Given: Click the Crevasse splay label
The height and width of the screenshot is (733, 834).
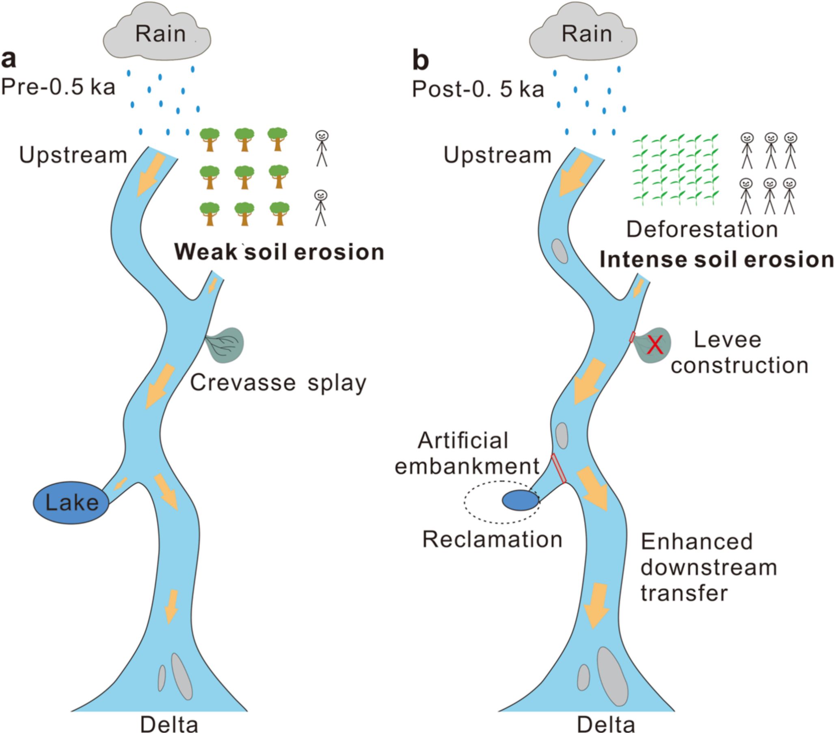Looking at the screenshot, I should (x=278, y=383).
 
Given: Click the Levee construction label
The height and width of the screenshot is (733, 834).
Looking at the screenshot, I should (x=739, y=352).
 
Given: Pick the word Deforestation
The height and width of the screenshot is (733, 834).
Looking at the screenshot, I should (x=702, y=230).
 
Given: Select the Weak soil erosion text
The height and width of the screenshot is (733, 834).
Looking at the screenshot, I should (x=279, y=252).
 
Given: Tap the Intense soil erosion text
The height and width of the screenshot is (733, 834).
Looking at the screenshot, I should (x=717, y=260).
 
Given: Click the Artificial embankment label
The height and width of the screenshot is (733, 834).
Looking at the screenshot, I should (x=467, y=453).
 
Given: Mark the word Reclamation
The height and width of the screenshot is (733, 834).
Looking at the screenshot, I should (x=492, y=540).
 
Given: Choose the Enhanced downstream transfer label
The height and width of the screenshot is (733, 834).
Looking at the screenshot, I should (x=708, y=567).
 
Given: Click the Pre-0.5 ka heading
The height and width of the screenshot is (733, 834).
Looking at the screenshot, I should (x=58, y=87).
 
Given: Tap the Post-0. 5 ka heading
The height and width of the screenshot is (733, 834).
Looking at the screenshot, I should (x=478, y=89).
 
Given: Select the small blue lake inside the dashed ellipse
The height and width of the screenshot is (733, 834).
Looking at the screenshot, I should (x=520, y=500).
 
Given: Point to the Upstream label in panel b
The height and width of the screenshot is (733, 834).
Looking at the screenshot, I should (x=497, y=156).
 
